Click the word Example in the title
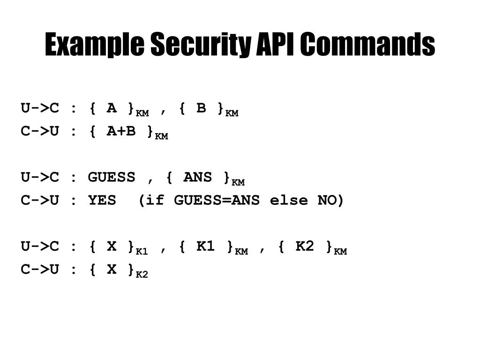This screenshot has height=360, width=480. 95,45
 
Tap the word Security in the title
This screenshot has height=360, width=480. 201,45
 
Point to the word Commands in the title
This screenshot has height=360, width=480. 367,44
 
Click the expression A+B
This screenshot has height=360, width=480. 121,131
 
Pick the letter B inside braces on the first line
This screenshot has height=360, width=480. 201,108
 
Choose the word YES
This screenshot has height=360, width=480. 102,200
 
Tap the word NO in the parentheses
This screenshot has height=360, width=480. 327,200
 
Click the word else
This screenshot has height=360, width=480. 289,200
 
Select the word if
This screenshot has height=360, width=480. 155,200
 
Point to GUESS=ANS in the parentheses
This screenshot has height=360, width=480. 217,200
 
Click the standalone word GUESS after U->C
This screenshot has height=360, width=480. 112,177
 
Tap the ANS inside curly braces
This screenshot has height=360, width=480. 198,177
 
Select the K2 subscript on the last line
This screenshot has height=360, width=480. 142,275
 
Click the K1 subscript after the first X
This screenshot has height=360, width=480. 142,252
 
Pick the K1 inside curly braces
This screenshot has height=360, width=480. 205,246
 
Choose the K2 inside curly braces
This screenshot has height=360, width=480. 305,246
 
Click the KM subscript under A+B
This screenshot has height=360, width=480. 161,136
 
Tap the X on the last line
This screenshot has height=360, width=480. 112,270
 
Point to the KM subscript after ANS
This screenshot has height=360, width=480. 238,182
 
